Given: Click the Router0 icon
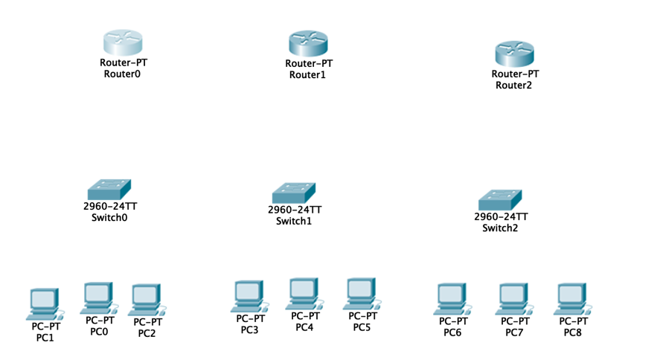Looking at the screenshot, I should [x=122, y=42].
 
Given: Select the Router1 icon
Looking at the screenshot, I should [x=307, y=43].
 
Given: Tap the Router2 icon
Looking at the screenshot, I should [x=515, y=54].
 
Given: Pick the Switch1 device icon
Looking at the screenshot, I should [x=294, y=193].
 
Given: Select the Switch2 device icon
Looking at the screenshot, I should [x=500, y=199].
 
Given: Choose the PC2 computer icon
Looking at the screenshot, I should [x=147, y=300].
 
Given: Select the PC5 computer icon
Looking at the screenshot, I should [x=362, y=294].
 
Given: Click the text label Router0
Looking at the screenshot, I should [x=122, y=74].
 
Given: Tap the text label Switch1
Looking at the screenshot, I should [x=294, y=221].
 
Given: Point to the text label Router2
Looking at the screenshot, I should [x=514, y=85].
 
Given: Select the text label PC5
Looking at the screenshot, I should [x=362, y=327].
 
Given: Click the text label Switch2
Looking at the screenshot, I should [x=500, y=228].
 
